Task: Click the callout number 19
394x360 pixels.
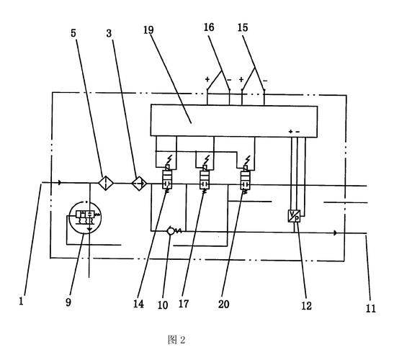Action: click(x=148, y=30)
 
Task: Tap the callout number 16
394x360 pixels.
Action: click(x=209, y=27)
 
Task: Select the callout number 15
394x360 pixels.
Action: click(x=243, y=27)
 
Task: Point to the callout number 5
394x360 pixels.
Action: click(x=73, y=33)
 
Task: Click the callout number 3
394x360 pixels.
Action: click(x=109, y=33)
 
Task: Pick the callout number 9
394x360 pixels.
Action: click(x=68, y=302)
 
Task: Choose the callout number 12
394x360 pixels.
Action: click(x=306, y=306)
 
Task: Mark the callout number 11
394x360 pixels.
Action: click(x=370, y=308)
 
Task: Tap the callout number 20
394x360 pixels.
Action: click(x=223, y=305)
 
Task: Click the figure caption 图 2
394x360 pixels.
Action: click(x=176, y=340)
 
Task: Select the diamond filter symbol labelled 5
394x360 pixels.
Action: click(x=106, y=183)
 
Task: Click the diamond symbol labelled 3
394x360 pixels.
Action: click(x=139, y=183)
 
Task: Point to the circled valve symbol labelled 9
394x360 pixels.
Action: click(x=85, y=217)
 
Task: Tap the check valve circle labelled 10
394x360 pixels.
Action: click(x=171, y=231)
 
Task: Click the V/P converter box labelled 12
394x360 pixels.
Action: click(x=294, y=216)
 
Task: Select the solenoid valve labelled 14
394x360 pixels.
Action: click(x=167, y=179)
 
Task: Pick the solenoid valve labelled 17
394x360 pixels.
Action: click(x=205, y=179)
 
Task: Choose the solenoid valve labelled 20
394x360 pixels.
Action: click(x=245, y=179)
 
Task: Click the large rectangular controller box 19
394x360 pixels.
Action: click(x=234, y=122)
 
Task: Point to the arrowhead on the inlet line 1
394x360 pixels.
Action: click(x=60, y=183)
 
